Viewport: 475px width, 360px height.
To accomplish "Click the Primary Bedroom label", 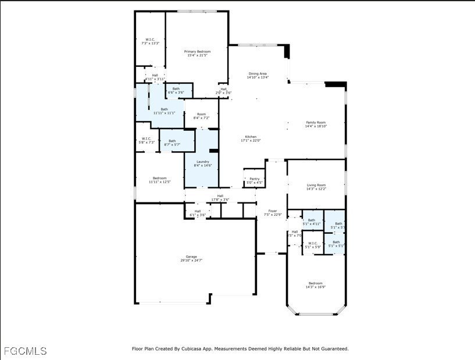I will point(197,52).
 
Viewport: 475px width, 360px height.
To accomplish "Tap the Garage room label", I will point(191,256).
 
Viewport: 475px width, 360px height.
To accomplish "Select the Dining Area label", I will point(258,74).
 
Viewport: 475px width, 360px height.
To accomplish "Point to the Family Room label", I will point(316,122).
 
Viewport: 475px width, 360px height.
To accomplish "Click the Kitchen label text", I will point(251,137).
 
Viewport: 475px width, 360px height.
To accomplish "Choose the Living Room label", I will point(316,185).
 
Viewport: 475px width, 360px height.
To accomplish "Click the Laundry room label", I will point(202,162).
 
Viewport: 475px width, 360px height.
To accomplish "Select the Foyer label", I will point(272,211).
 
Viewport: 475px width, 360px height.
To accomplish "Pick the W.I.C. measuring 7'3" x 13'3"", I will point(149,40).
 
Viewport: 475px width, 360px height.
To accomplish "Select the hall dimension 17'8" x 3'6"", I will point(220,199).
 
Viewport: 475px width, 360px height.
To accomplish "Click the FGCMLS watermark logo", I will point(25,351).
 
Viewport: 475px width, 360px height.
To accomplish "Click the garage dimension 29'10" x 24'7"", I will point(191,261).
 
